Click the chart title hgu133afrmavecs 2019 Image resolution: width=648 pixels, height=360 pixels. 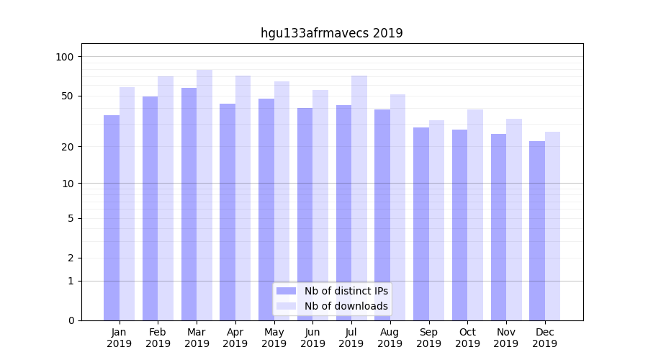tap(331, 33)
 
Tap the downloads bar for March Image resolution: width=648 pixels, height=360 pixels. tap(204, 194)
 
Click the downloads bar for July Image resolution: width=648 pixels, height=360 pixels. tap(359, 198)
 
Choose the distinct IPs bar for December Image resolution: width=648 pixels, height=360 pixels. tap(537, 230)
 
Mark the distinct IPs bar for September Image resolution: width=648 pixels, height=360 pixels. tap(421, 223)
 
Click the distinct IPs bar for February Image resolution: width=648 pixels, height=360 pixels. tap(150, 208)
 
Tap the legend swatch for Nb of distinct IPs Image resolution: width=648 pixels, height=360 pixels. tap(286, 291)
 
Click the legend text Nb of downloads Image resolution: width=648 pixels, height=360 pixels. tap(346, 306)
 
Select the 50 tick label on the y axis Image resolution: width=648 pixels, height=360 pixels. tap(68, 96)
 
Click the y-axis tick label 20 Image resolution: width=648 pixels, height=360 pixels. tap(68, 147)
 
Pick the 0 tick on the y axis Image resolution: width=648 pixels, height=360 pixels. tap(71, 320)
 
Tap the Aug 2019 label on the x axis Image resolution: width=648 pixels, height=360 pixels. tap(390, 338)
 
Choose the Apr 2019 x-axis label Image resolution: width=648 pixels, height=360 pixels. tap(235, 338)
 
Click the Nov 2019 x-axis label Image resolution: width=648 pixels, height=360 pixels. tap(506, 338)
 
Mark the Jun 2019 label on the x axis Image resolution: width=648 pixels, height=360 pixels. tap(312, 338)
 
